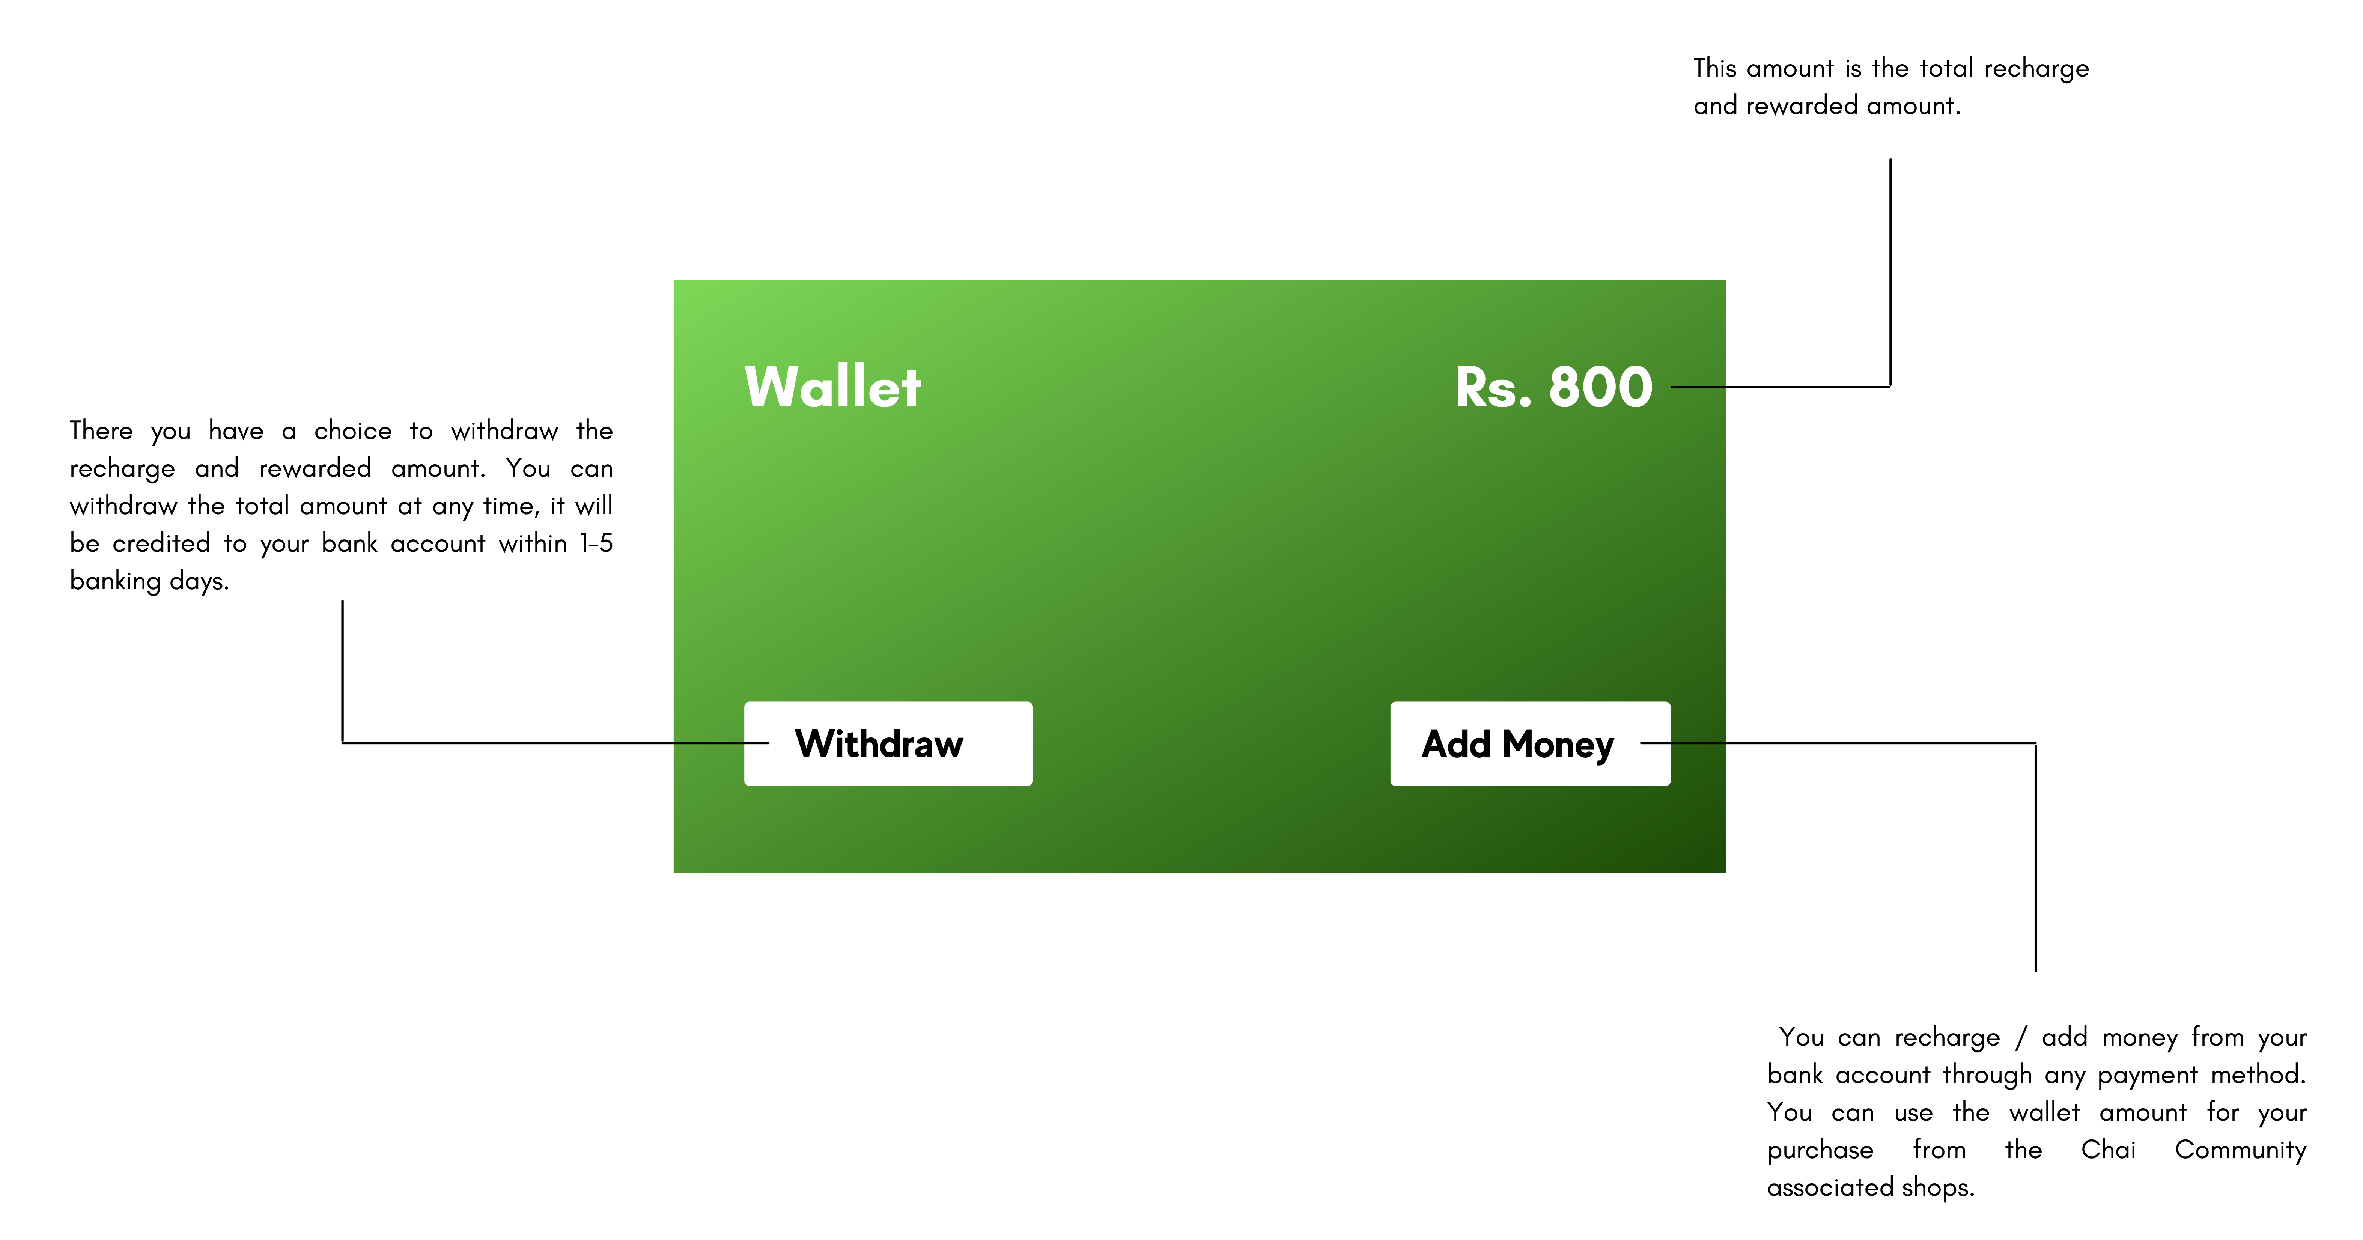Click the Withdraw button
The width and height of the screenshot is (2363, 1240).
coord(888,744)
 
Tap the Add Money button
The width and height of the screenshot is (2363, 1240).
coord(1530,744)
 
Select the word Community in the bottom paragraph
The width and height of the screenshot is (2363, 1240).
coord(2240,1150)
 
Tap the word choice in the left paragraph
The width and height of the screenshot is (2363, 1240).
coord(353,431)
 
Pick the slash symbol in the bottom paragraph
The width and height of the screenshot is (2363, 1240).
coord(2021,1037)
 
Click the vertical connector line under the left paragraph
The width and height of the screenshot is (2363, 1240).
coord(342,671)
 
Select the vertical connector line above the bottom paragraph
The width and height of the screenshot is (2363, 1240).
coord(2035,858)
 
